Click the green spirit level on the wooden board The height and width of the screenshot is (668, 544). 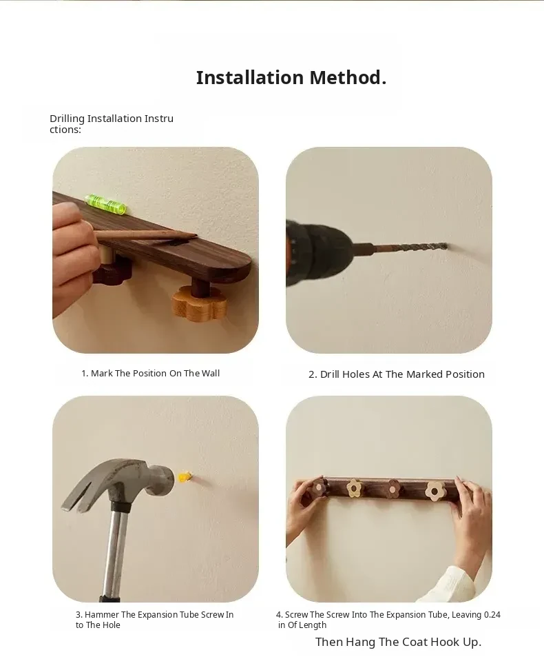(x=106, y=203)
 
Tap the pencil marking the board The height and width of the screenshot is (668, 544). (x=145, y=236)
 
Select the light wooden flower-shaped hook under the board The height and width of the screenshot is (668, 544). (x=199, y=303)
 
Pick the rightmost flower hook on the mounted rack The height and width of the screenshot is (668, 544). (x=435, y=491)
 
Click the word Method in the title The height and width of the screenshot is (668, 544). (x=348, y=77)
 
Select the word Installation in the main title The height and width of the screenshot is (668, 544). (x=250, y=77)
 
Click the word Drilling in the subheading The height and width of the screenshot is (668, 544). (x=67, y=119)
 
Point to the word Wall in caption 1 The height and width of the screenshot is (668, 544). (x=211, y=373)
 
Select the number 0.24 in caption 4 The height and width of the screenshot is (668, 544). (x=492, y=615)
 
